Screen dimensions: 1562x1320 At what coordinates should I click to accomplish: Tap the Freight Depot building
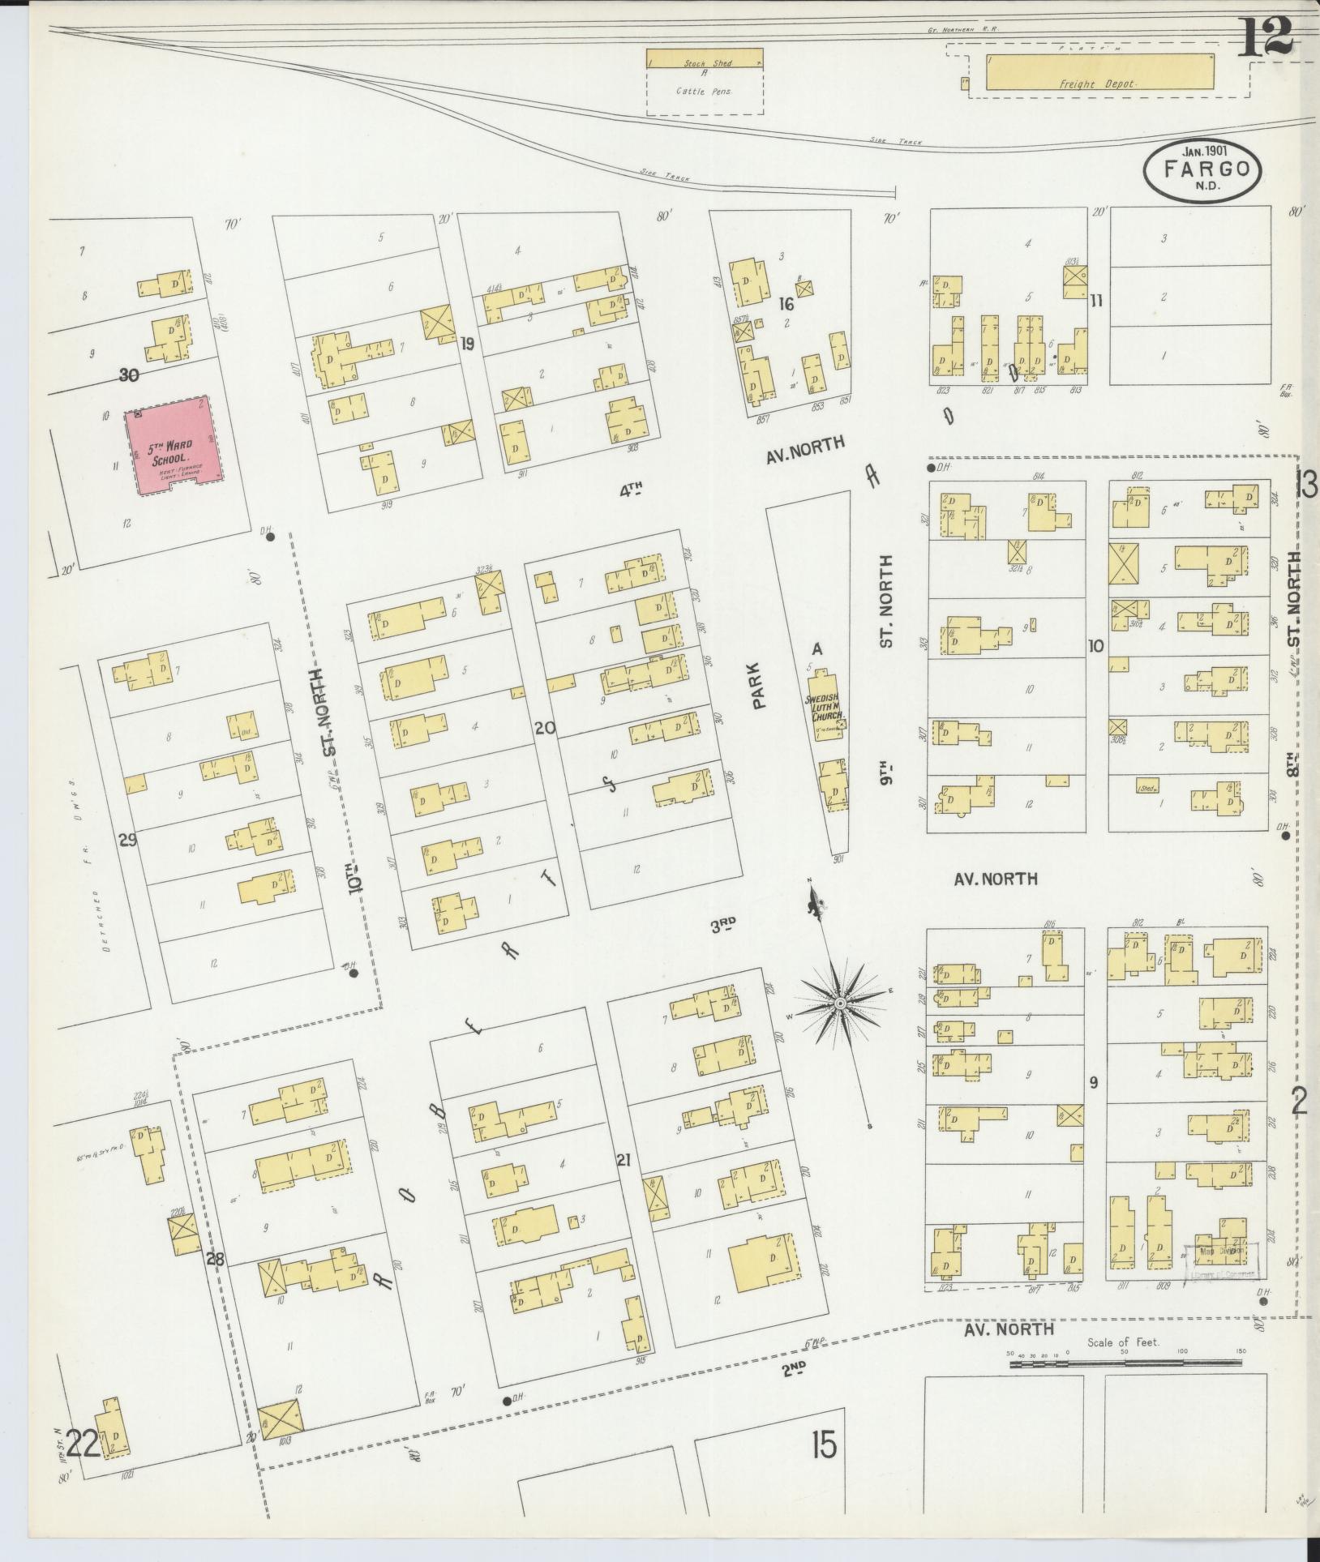click(x=1099, y=71)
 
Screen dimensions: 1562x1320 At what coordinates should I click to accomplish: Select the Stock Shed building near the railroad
click(x=704, y=58)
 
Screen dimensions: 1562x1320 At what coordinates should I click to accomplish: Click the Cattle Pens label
click(x=703, y=92)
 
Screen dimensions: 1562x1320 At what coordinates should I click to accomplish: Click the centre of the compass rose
click(x=841, y=1004)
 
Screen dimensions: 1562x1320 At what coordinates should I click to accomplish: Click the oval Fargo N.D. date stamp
click(x=1202, y=173)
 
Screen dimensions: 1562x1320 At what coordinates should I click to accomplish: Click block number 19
click(x=467, y=344)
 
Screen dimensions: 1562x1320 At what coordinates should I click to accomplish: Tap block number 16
click(x=785, y=305)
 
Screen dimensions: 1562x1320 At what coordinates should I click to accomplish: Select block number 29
click(x=128, y=840)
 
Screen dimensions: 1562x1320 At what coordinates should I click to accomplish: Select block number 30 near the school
click(x=128, y=374)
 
